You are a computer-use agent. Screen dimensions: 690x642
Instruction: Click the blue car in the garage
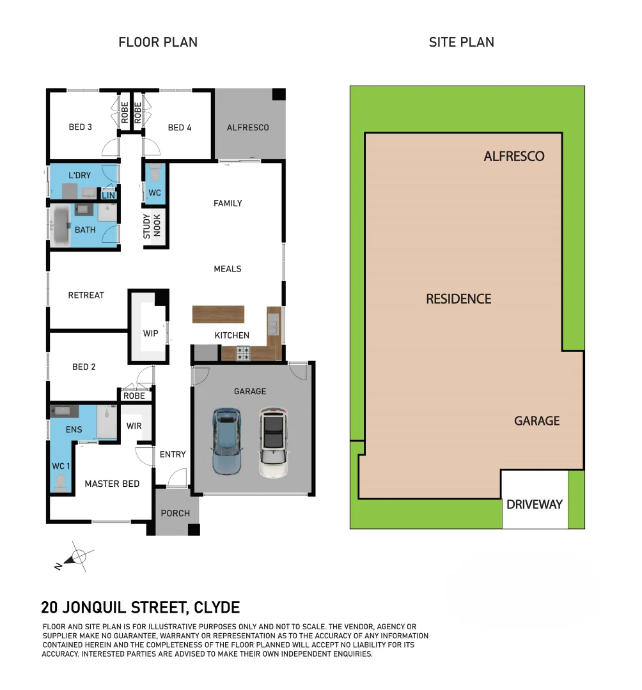[226, 441]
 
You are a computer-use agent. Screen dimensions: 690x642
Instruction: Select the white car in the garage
[274, 443]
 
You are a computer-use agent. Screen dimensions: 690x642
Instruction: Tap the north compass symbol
[78, 556]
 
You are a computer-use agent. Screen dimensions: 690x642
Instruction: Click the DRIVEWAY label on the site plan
[535, 504]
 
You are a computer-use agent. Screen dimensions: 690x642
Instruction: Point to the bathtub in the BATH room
[61, 226]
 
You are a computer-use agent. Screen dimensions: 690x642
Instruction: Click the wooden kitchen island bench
[218, 314]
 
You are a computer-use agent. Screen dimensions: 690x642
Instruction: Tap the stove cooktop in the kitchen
[244, 353]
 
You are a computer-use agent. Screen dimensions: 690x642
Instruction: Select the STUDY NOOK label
[152, 226]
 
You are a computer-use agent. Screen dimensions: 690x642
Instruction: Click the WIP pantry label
[151, 333]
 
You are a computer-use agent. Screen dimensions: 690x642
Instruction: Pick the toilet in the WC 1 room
[61, 481]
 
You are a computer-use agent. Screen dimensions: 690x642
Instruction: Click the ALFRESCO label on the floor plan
[247, 127]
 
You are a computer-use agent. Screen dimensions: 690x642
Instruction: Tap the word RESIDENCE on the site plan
[458, 298]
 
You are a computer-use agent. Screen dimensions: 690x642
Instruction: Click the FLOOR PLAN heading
[158, 42]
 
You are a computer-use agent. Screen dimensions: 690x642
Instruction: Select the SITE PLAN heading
[461, 42]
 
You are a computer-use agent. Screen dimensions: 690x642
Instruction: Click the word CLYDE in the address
[216, 607]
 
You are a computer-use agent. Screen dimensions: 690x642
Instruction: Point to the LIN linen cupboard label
[109, 195]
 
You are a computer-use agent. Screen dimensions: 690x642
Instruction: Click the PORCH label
[175, 513]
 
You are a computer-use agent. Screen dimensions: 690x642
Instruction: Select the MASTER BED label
[112, 484]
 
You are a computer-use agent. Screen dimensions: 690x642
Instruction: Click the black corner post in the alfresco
[278, 94]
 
